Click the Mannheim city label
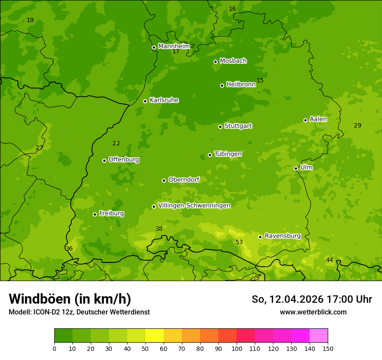pyautogui.click(x=174, y=46)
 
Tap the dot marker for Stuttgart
pyautogui.click(x=220, y=127)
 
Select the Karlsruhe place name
pyautogui.click(x=164, y=100)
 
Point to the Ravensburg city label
pyautogui.click(x=283, y=236)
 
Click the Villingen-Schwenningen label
pyautogui.click(x=194, y=206)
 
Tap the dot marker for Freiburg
pyautogui.click(x=95, y=214)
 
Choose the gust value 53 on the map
pyautogui.click(x=239, y=242)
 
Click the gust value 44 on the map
pyautogui.click(x=329, y=260)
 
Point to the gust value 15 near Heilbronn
pyautogui.click(x=260, y=80)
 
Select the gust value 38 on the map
pyautogui.click(x=159, y=229)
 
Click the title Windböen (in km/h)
pyautogui.click(x=70, y=299)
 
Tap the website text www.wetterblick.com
pyautogui.click(x=313, y=312)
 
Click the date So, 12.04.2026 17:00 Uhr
pyautogui.click(x=312, y=299)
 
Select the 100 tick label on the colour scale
pyautogui.click(x=237, y=348)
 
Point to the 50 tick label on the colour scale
pyautogui.click(x=145, y=348)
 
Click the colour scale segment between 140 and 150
pyautogui.click(x=319, y=336)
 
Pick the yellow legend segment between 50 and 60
pyautogui.click(x=155, y=336)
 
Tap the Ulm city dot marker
pyautogui.click(x=296, y=168)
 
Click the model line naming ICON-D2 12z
pyautogui.click(x=79, y=312)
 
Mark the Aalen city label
pyautogui.click(x=318, y=119)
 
